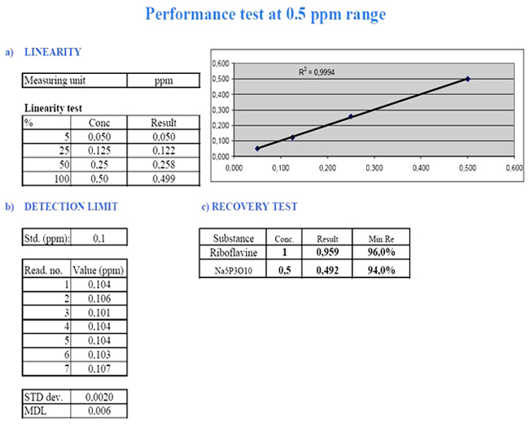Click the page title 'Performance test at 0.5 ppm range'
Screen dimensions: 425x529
click(265, 14)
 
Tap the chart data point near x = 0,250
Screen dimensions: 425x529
click(351, 116)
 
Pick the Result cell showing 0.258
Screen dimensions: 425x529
click(164, 165)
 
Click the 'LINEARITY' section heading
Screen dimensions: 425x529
click(53, 53)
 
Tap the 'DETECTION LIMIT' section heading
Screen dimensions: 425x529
click(71, 206)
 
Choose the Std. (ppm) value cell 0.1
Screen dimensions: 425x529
click(98, 238)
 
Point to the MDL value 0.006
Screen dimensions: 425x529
click(98, 410)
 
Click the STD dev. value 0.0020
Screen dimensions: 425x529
click(98, 397)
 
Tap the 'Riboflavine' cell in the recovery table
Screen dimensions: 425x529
click(234, 253)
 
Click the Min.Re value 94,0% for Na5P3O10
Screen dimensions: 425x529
click(378, 270)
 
